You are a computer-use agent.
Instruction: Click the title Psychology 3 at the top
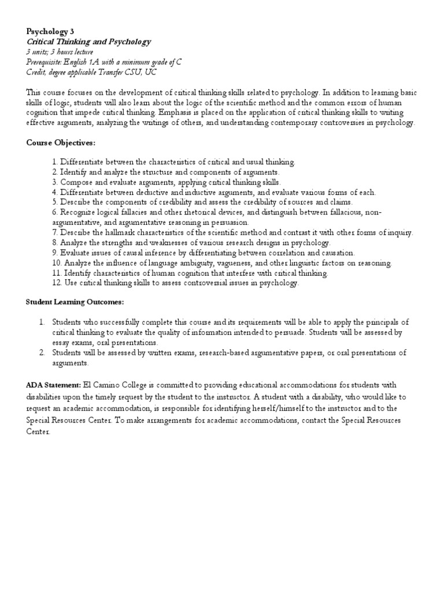coord(50,32)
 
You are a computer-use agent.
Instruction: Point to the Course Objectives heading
coord(61,142)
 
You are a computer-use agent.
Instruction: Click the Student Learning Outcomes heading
coord(75,302)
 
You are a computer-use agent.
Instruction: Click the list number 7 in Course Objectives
coord(54,232)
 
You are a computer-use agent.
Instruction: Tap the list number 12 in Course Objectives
coord(56,283)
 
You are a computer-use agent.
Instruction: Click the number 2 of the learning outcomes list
coord(42,352)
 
